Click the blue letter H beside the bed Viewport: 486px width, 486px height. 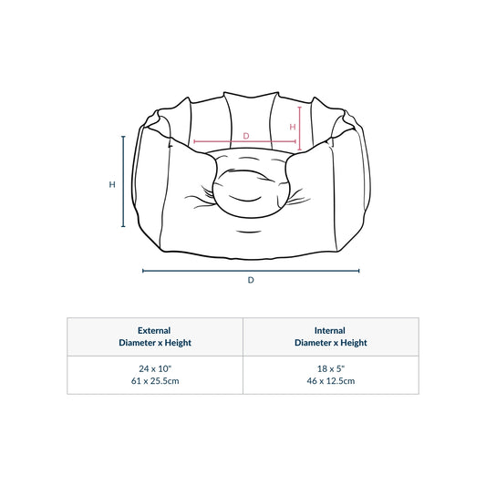(x=112, y=184)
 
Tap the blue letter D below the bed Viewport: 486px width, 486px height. (x=251, y=280)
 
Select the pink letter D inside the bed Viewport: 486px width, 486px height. (x=246, y=136)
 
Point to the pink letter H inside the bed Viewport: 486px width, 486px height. (x=293, y=127)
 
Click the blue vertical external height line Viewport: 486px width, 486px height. (x=123, y=181)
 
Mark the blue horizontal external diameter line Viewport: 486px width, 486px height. (x=251, y=271)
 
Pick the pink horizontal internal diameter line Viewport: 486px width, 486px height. (x=245, y=141)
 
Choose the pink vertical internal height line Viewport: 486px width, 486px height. (x=300, y=129)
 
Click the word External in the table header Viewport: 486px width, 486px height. (x=154, y=330)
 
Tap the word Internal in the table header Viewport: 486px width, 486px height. (x=330, y=330)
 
